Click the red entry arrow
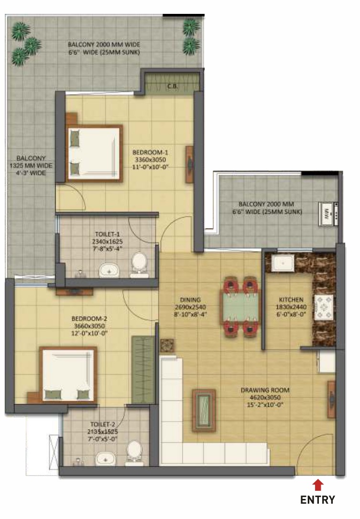pyautogui.click(x=317, y=485)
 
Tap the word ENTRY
pyautogui.click(x=317, y=499)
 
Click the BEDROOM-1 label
pyautogui.click(x=150, y=153)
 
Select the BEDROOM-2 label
pyautogui.click(x=89, y=319)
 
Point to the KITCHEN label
pyautogui.click(x=291, y=299)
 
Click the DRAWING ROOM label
pyautogui.click(x=265, y=390)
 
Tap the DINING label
pyautogui.click(x=191, y=299)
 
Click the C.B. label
pyautogui.click(x=173, y=87)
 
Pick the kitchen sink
pyautogui.click(x=283, y=263)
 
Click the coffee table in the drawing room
pyautogui.click(x=204, y=410)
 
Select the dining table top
pyautogui.click(x=240, y=307)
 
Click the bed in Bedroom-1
pyautogui.click(x=94, y=154)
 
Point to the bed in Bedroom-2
pyautogui.click(x=68, y=375)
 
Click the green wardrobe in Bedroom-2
pyautogui.click(x=143, y=370)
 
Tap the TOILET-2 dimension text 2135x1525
pyautogui.click(x=103, y=431)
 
